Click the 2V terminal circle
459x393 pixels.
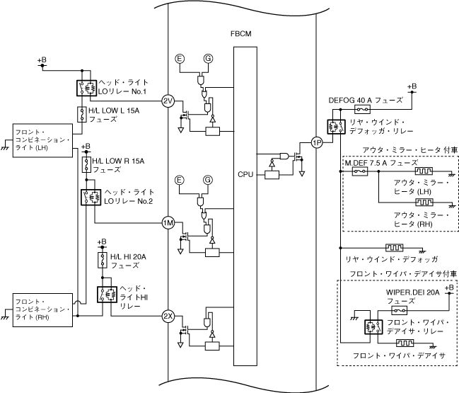pyautogui.click(x=168, y=101)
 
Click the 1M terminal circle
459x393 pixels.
pyautogui.click(x=168, y=223)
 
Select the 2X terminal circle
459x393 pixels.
pyautogui.click(x=168, y=315)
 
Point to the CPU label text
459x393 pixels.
pyautogui.click(x=245, y=173)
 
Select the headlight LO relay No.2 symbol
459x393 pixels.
pyautogui.click(x=89, y=198)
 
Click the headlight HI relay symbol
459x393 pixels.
pyautogui.click(x=105, y=294)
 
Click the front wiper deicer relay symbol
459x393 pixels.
pyautogui.click(x=369, y=326)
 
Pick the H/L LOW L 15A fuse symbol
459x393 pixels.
pyautogui.click(x=81, y=114)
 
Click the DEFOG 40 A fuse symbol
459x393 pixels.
pyautogui.click(x=363, y=110)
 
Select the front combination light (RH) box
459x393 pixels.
pyautogui.click(x=42, y=308)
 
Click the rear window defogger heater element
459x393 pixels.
pyautogui.click(x=394, y=249)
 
